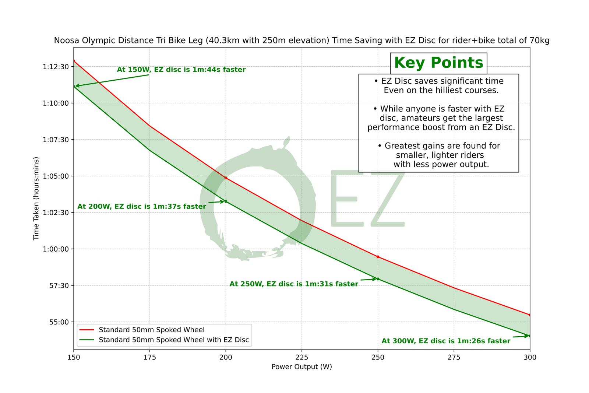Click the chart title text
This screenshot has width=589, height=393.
[x=301, y=41]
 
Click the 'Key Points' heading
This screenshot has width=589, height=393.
[x=438, y=63]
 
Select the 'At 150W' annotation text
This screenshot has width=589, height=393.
[x=181, y=70]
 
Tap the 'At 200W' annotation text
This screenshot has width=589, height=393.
[x=142, y=207]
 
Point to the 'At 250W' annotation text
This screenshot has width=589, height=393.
[x=294, y=284]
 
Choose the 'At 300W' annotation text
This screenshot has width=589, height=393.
[x=446, y=341]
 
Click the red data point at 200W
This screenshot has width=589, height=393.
[x=226, y=178]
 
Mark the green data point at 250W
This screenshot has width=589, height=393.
[x=378, y=279]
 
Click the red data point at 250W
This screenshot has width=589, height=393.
[x=378, y=257]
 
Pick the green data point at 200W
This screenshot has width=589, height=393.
[x=226, y=201]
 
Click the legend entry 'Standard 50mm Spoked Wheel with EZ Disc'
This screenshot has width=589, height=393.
[x=174, y=340]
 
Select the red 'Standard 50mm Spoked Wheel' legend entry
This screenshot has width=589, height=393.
[x=151, y=330]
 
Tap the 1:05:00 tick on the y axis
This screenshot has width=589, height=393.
[x=56, y=176]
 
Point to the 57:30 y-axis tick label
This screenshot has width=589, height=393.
[x=59, y=285]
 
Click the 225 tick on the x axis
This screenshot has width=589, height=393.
[x=301, y=357]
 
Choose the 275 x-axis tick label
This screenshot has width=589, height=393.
[x=454, y=357]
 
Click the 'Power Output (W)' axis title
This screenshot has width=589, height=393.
[x=301, y=367]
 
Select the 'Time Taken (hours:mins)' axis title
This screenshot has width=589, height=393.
[x=36, y=199]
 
